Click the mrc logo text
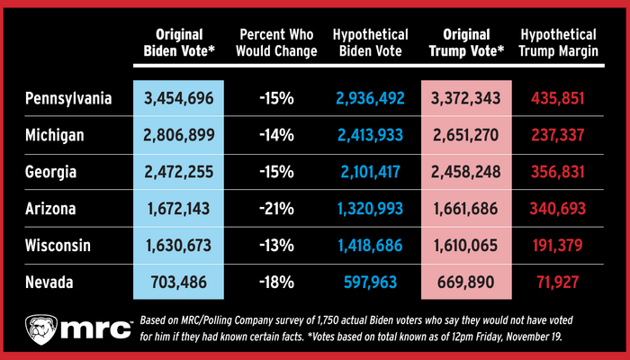tap(92, 329)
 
